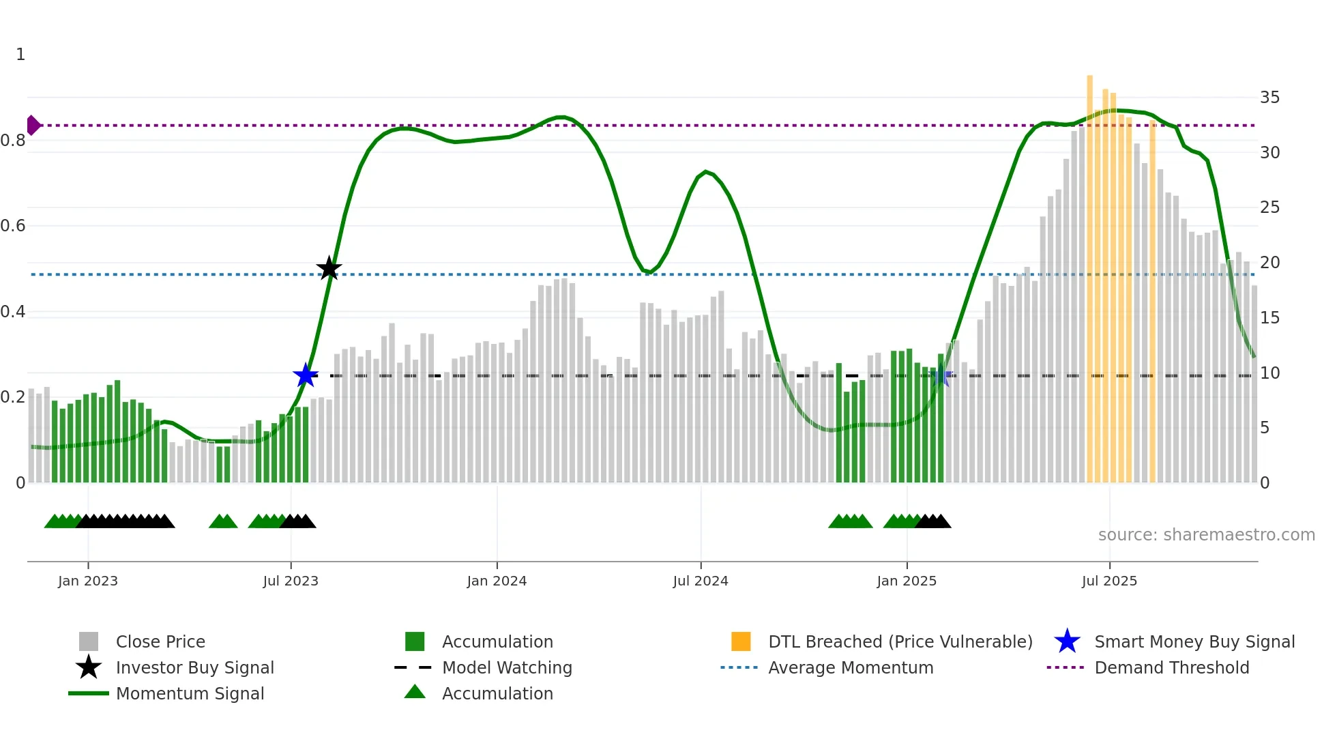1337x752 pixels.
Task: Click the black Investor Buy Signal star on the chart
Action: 329,268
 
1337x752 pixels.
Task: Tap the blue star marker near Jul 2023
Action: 306,375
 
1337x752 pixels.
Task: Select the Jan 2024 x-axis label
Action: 497,581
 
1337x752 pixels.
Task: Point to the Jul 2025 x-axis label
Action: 1109,581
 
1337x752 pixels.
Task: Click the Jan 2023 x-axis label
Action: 88,581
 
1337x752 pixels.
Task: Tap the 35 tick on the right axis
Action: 1269,98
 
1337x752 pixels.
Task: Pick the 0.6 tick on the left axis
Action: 14,226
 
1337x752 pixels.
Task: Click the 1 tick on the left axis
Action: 20,55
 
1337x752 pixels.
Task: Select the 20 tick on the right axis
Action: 1269,263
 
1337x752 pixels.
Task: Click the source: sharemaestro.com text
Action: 1206,535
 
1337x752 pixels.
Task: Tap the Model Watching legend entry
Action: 507,667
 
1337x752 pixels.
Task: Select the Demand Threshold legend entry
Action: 1171,667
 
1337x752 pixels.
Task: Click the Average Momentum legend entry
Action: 850,667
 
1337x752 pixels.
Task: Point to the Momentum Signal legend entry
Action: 190,693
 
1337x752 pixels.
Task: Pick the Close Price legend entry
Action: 160,641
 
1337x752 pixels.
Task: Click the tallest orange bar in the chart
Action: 1089,273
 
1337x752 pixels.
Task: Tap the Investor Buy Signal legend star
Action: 89,667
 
